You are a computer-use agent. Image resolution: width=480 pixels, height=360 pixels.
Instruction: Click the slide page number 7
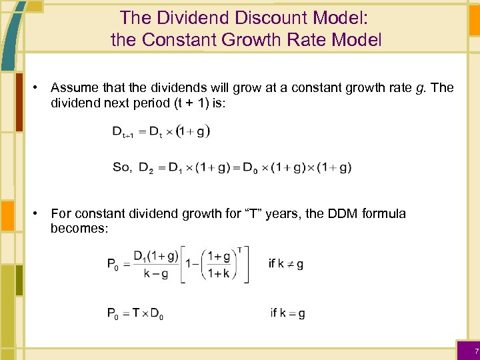pos(476,351)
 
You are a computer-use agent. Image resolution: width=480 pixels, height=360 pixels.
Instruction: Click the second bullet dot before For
pos(40,214)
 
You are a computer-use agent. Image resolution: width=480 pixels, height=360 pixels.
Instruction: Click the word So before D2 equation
pos(122,167)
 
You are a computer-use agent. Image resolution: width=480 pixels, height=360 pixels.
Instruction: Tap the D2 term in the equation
pos(145,168)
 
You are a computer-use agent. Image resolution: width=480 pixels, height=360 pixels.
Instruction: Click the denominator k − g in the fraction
pos(155,273)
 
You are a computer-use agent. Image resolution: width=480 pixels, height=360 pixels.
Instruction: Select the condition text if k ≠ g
pos(286,264)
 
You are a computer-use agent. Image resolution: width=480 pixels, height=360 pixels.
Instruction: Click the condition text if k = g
pos(287,313)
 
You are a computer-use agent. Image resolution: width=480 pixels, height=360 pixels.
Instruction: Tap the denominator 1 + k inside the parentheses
pos(219,273)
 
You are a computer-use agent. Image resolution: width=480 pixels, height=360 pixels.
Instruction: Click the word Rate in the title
pos(317,39)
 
